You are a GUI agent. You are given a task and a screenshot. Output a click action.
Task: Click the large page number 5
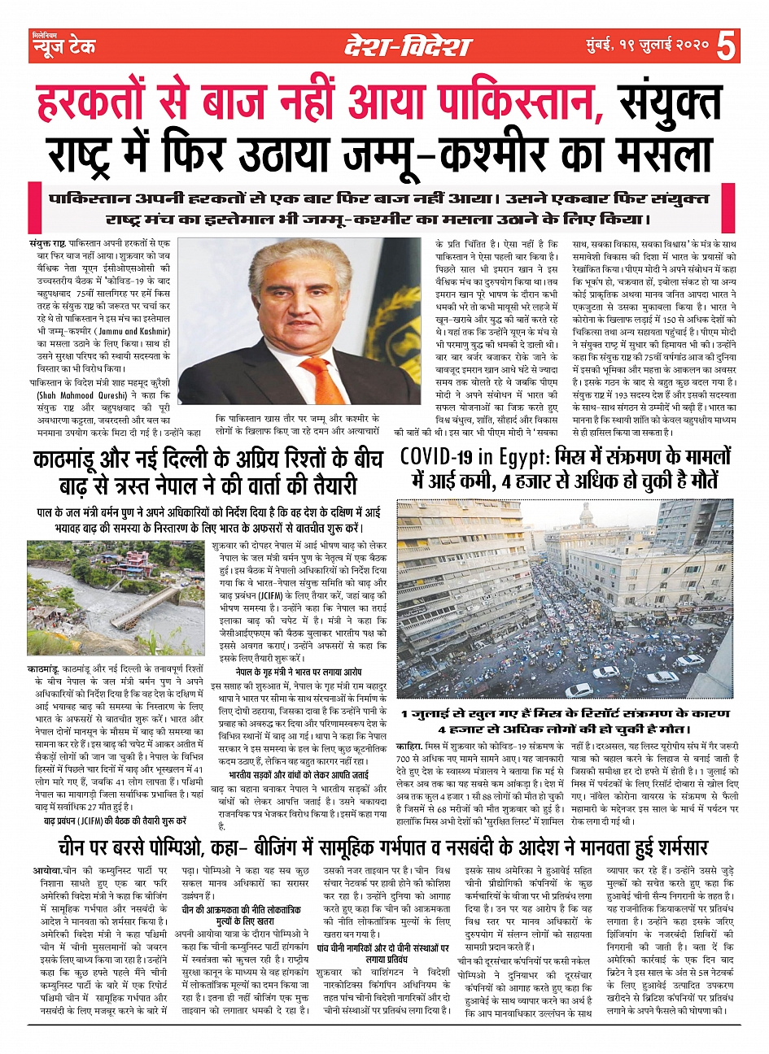[728, 46]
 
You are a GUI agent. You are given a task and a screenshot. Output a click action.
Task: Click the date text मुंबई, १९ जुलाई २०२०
[646, 46]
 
